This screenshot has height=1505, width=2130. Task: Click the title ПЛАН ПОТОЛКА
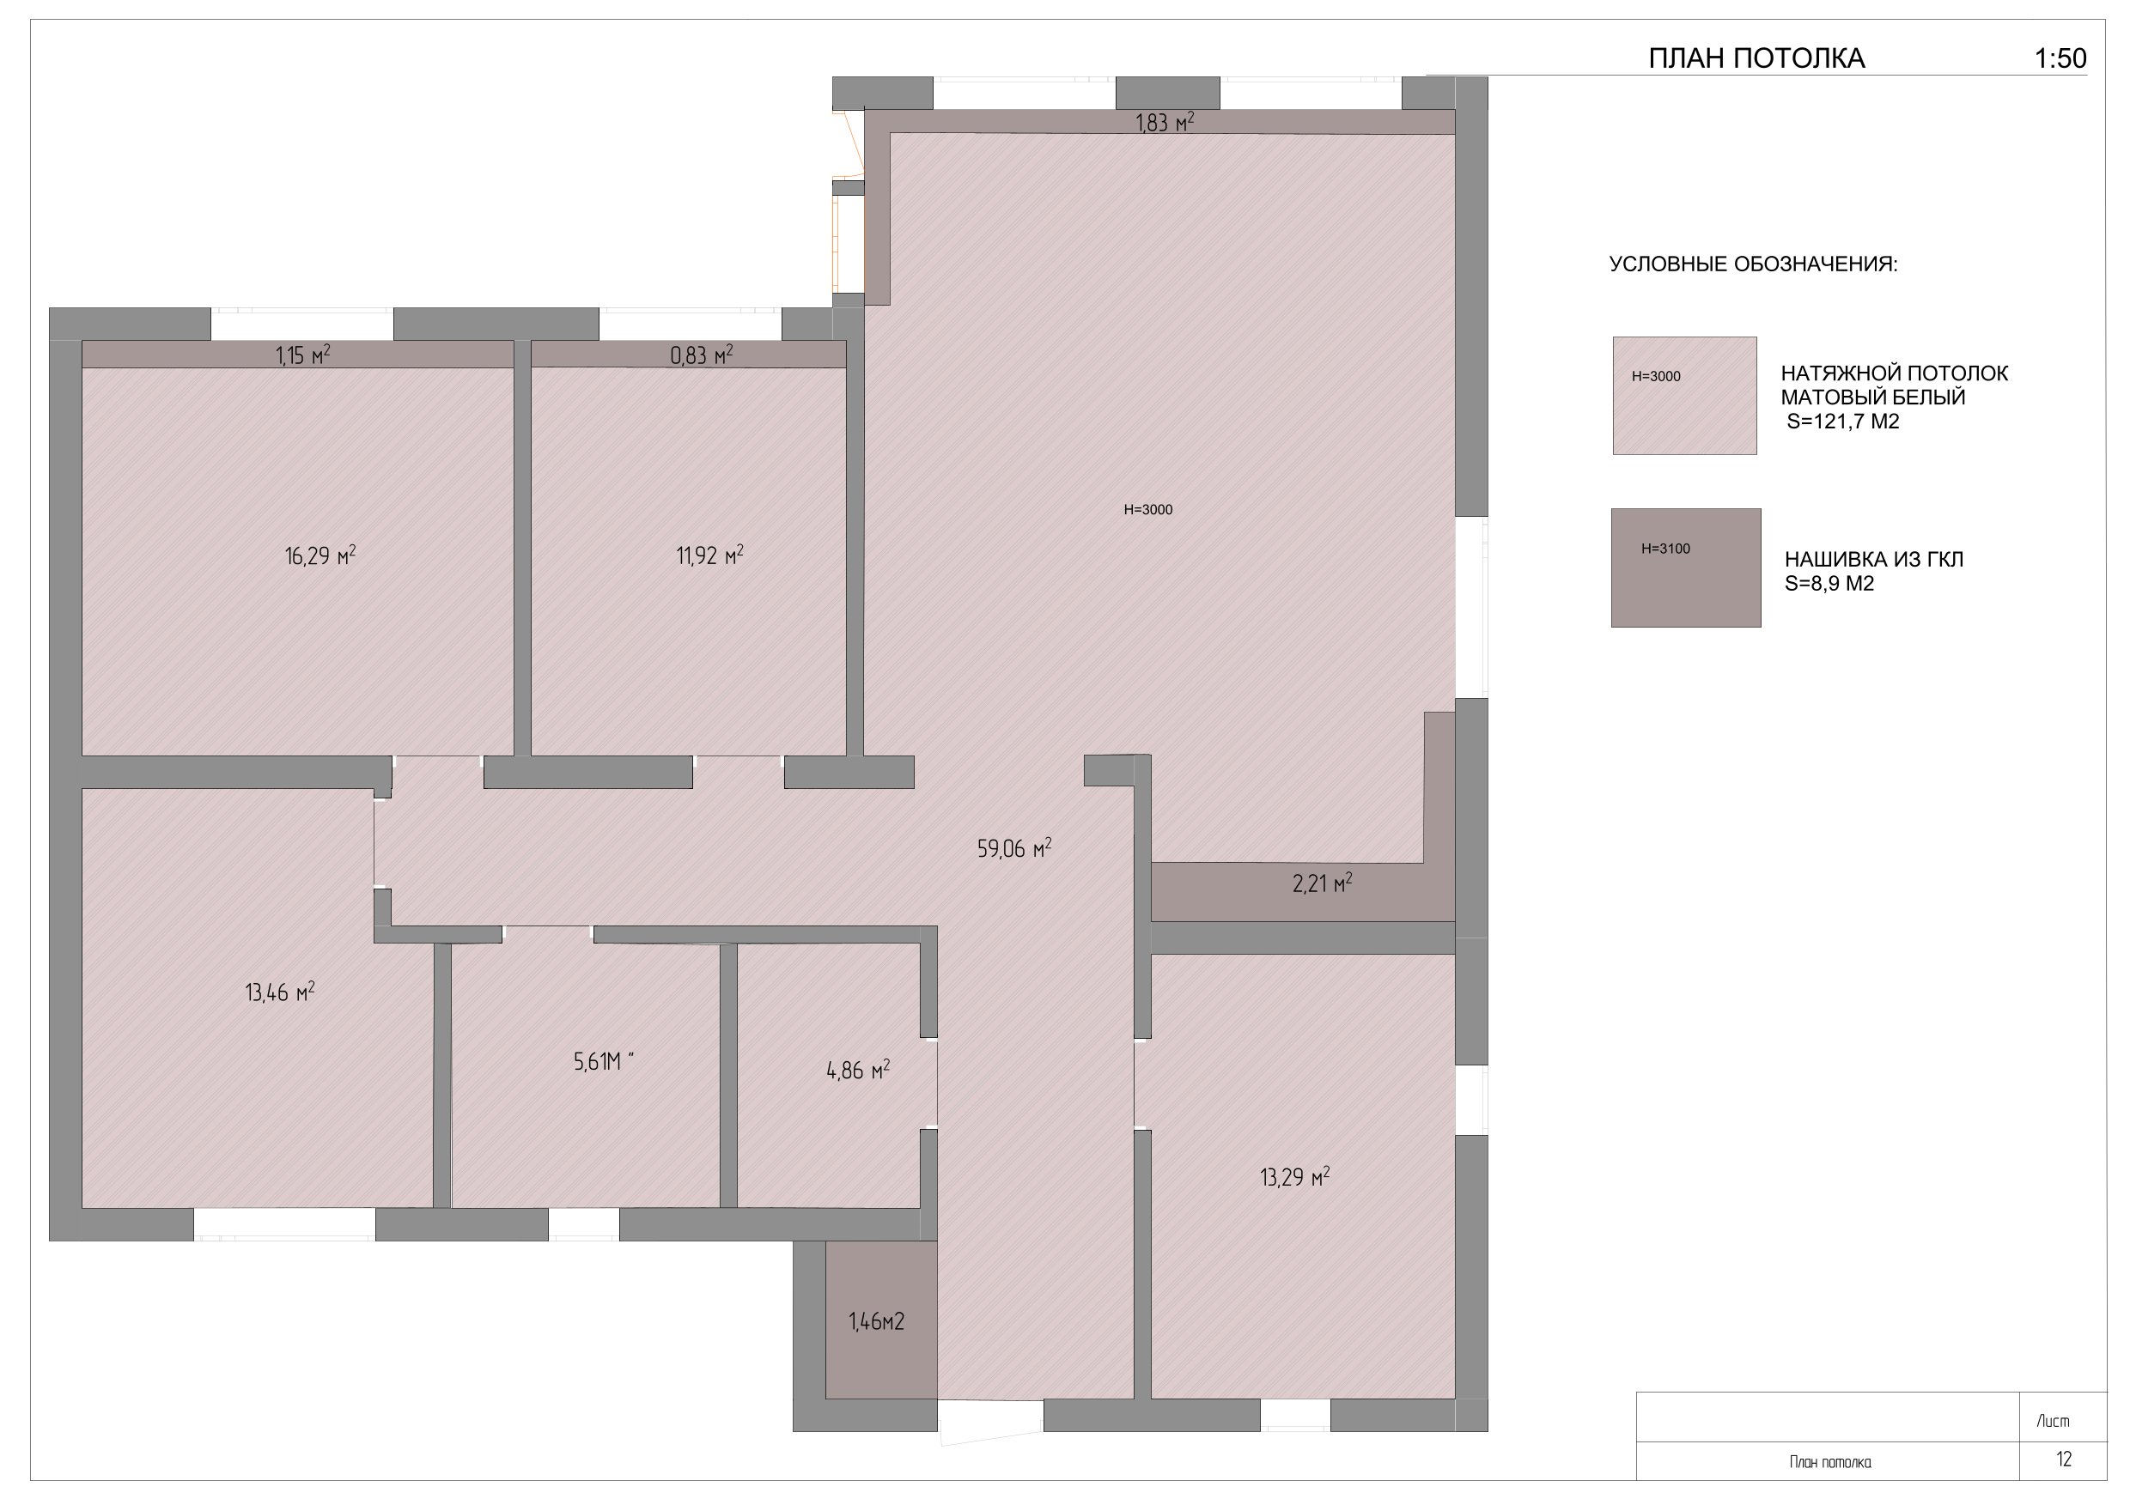pos(1756,58)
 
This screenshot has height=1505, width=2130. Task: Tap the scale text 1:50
pos(2060,58)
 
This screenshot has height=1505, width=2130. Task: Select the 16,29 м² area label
pos(320,555)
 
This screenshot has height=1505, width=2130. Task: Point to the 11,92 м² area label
pos(709,555)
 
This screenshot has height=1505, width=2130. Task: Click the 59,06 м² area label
pos(1014,847)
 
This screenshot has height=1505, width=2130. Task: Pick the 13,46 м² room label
pos(280,992)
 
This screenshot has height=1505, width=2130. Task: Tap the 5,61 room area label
pos(604,1062)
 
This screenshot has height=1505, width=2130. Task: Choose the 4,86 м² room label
pos(858,1071)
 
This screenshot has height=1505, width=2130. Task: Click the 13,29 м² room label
pos(1295,1178)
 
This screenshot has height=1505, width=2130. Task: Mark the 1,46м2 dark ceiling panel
pos(881,1320)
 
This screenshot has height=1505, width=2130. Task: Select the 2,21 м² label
pos(1322,883)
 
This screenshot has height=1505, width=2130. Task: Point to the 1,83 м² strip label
pos(1165,123)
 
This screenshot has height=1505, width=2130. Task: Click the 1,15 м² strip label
pos(303,355)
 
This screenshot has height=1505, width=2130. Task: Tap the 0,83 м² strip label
pos(702,355)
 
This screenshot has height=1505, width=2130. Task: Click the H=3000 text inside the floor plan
pos(1148,509)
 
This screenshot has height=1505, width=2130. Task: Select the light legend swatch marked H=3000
pos(1685,396)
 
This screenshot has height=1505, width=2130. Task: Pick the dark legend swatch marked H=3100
pos(1686,567)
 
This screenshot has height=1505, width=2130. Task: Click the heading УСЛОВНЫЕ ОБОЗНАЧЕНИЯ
pos(1753,264)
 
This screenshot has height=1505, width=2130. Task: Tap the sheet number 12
pos(2064,1459)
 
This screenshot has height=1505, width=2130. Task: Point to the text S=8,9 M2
pos(1829,584)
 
